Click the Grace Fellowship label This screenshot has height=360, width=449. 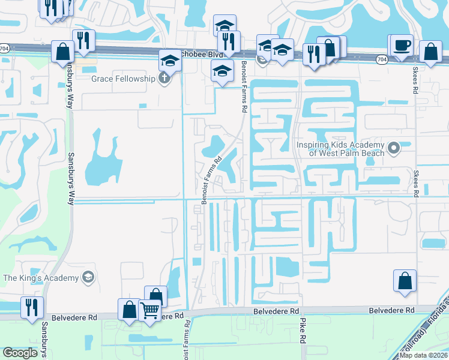point(123,79)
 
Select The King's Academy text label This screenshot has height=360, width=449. point(41,278)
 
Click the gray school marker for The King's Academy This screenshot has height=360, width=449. point(88,277)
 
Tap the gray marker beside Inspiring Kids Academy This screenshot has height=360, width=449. point(394,148)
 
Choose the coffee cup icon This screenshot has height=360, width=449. point(403,46)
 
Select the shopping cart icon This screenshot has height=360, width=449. point(149,311)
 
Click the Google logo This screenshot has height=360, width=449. point(20,353)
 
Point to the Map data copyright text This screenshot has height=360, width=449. point(424,355)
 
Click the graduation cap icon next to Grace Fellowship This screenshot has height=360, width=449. point(170,61)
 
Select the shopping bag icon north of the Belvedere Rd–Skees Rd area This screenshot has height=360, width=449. point(405,281)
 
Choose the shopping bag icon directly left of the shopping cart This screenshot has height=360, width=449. point(129,310)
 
